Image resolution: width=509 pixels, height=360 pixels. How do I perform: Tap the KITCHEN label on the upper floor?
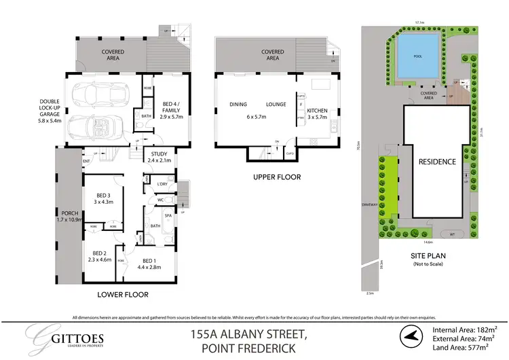(x=317, y=110)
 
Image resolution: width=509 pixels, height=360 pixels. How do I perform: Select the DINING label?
(x=239, y=105)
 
